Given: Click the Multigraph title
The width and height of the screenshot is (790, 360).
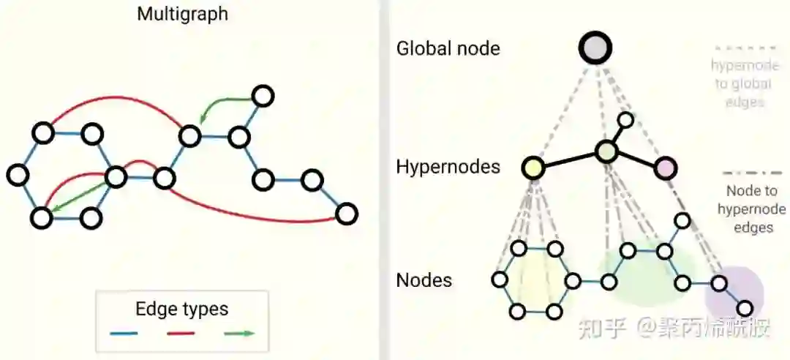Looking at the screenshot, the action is tap(182, 14).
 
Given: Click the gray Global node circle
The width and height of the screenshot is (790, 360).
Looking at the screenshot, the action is tap(595, 48).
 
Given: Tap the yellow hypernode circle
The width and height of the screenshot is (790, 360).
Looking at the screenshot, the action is tap(533, 168).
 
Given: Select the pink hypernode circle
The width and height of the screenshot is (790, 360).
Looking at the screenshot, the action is tap(665, 168).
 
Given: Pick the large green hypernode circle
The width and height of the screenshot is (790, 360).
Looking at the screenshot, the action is tap(606, 151).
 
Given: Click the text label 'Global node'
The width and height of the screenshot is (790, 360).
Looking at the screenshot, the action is tap(448, 49).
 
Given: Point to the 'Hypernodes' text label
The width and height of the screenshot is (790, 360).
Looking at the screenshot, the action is tap(448, 167).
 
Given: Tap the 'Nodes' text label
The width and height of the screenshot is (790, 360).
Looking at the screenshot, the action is tap(424, 280).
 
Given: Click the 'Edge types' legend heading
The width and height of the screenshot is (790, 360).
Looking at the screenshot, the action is tap(182, 309).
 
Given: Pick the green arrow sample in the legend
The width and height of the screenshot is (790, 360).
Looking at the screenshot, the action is tap(238, 334).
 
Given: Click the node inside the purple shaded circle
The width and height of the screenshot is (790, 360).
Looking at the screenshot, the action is tap(719, 283).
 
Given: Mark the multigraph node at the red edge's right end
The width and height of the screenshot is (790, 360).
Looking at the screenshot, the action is tap(346, 214).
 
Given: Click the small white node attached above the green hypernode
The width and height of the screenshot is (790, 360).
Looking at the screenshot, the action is tap(625, 119).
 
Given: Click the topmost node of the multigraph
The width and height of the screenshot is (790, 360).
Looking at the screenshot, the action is tap(262, 95).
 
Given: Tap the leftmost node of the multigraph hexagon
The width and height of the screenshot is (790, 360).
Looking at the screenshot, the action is tap(18, 175).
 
